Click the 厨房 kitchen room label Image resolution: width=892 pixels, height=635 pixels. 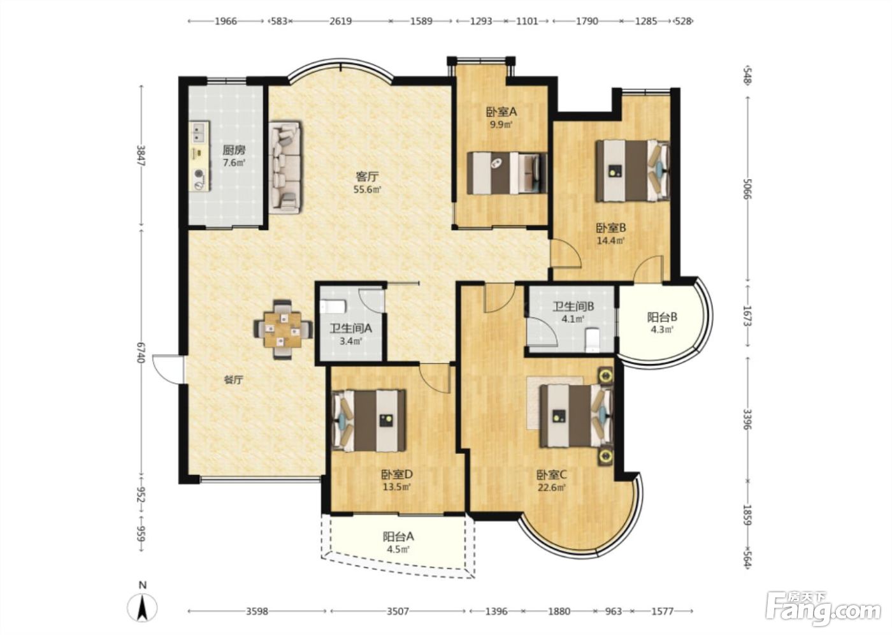(234, 150)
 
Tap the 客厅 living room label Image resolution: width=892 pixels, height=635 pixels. (367, 176)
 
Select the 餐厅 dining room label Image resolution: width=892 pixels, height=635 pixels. (233, 380)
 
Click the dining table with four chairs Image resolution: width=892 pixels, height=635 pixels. (283, 330)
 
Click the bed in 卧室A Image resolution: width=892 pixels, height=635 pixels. (507, 173)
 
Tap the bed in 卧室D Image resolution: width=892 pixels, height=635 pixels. (369, 421)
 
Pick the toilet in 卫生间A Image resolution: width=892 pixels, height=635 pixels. (333, 307)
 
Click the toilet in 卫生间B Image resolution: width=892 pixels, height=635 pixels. (593, 339)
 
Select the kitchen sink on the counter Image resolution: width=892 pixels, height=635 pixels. (199, 131)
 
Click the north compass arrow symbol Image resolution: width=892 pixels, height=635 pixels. (142, 608)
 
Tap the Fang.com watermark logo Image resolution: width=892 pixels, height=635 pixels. (823, 612)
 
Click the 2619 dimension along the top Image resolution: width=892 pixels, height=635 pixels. (340, 21)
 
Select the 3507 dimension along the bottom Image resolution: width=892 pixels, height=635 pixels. (398, 611)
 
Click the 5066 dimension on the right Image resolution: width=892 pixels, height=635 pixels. (747, 189)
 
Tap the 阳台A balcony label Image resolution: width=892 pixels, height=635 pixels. (398, 537)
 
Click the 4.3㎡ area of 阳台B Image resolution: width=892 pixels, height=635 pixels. (662, 330)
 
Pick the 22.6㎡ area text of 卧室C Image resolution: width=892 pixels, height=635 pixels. (552, 487)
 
